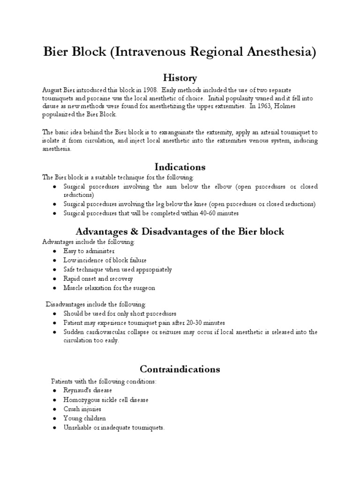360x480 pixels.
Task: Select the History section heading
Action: coord(180,77)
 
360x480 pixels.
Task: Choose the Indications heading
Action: coord(180,167)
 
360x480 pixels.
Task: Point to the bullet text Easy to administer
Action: coord(89,251)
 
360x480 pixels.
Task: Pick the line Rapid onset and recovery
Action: coord(98,278)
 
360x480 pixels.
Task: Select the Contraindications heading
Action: coord(180,369)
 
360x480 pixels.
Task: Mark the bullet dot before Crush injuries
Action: coord(55,409)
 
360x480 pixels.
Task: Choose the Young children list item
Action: coord(85,418)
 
